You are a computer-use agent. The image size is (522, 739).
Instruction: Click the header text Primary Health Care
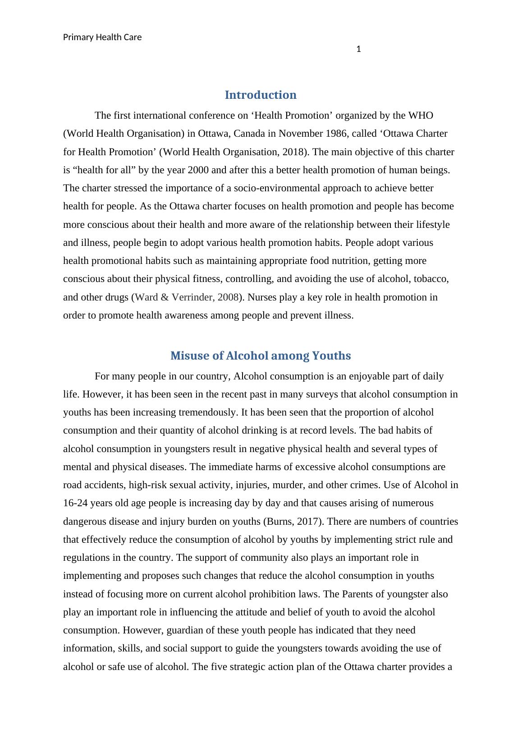102,37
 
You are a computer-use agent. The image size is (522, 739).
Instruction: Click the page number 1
358,49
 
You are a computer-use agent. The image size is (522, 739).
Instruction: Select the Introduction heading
261,95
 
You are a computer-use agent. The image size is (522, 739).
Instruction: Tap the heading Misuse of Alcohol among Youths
261,356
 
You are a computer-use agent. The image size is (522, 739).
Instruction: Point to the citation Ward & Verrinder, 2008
187,297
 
